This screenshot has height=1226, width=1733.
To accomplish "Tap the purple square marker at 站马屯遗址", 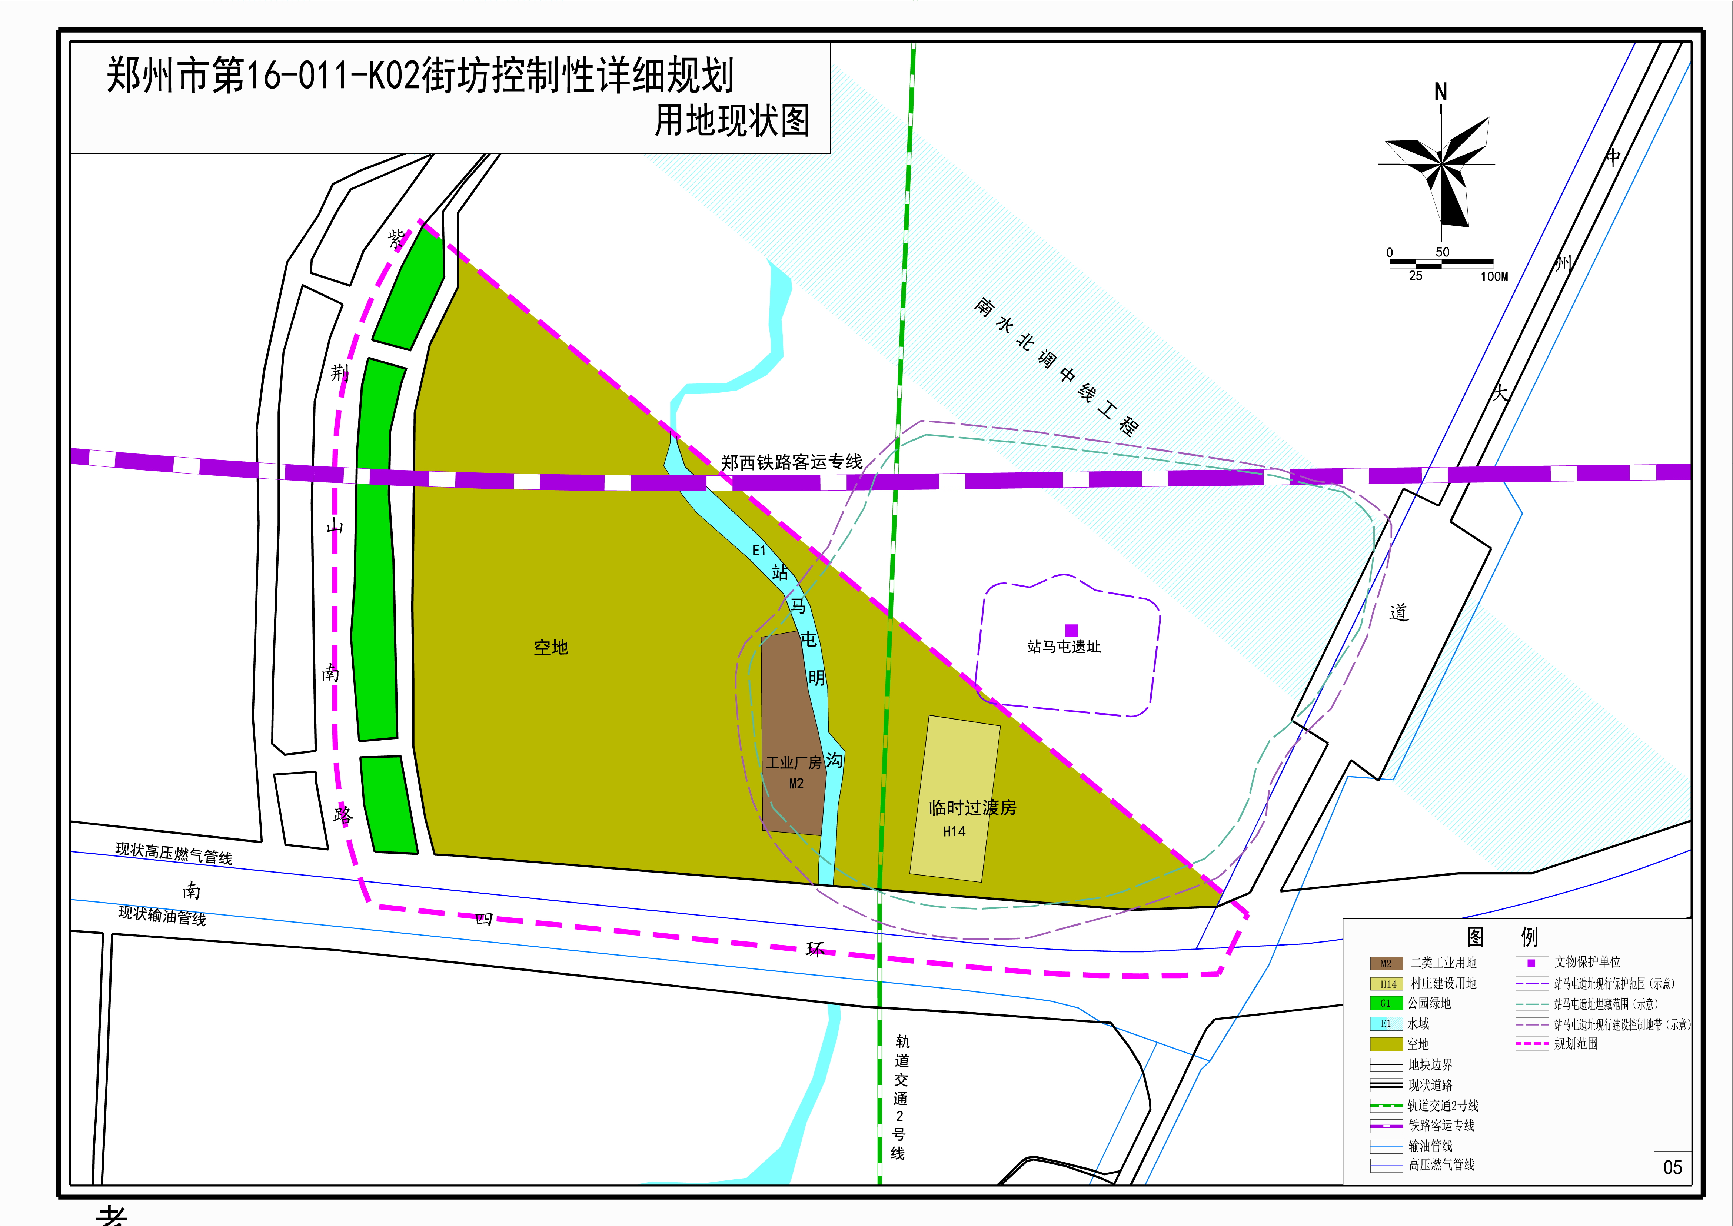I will click(x=1071, y=629).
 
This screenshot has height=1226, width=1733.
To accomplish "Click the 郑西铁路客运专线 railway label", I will click(x=791, y=462).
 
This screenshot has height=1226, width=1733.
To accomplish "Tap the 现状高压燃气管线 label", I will click(x=174, y=853).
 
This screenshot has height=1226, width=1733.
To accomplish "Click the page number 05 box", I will click(x=1672, y=1167).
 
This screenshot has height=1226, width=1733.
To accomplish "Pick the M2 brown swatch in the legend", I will click(x=1386, y=963).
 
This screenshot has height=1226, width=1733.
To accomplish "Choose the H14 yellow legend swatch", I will click(x=1386, y=984).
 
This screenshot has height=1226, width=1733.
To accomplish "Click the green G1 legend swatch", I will click(x=1386, y=1003).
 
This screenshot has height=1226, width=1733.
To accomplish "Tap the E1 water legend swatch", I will click(x=1386, y=1024).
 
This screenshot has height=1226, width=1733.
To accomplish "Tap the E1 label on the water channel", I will click(x=759, y=550).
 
